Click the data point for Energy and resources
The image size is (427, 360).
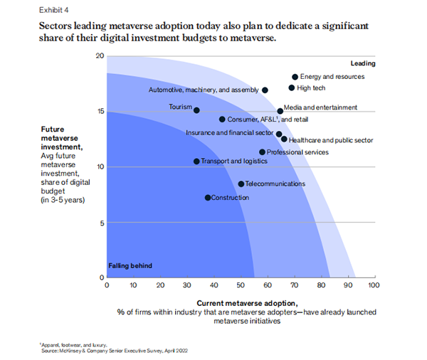(x=295, y=77)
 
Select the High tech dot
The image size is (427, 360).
(x=292, y=88)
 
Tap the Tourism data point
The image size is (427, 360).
(x=196, y=110)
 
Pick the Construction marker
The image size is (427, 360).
(x=208, y=197)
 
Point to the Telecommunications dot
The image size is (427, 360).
(x=241, y=184)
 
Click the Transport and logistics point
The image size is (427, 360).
(x=197, y=162)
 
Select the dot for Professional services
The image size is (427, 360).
(x=262, y=152)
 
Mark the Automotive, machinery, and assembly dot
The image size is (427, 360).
(x=265, y=90)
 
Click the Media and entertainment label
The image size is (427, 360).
(x=320, y=108)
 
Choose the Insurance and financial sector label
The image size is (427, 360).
(x=229, y=132)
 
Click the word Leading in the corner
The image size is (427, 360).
(x=362, y=63)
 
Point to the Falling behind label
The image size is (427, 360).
(x=130, y=265)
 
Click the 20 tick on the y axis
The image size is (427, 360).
(x=100, y=55)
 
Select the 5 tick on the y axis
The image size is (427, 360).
(x=102, y=222)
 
